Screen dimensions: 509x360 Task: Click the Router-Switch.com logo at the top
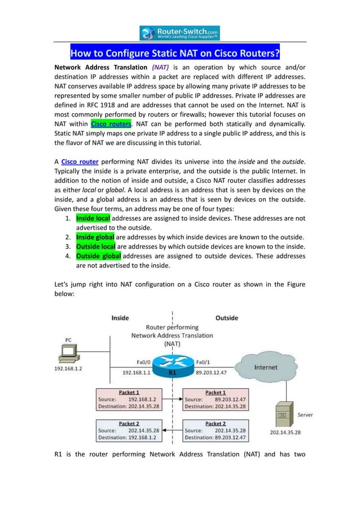pos(179,33)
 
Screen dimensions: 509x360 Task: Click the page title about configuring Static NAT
pos(175,54)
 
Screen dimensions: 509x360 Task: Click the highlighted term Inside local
pos(93,218)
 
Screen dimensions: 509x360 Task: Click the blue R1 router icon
pos(172,363)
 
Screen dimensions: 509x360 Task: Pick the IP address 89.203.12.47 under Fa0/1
pos(211,372)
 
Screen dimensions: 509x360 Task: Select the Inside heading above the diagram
pos(120,318)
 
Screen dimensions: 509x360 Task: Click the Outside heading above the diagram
pos(226,318)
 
